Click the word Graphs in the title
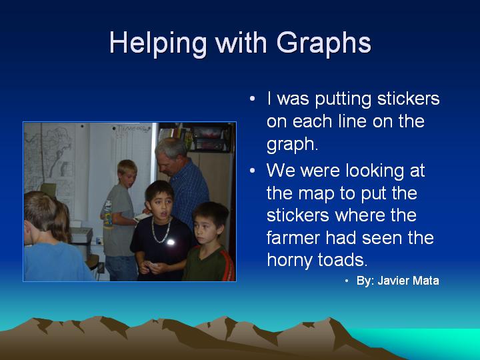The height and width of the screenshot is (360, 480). (x=324, y=43)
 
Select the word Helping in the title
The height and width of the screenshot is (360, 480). (x=158, y=43)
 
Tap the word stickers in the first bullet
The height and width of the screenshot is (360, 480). (x=409, y=99)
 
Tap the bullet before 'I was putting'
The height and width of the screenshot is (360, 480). (x=252, y=99)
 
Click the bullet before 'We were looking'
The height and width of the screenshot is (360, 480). (x=252, y=171)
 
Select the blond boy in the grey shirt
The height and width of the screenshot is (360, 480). (x=119, y=221)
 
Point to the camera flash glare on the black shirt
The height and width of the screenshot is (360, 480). (x=171, y=243)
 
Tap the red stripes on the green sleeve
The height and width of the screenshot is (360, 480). (x=229, y=264)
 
